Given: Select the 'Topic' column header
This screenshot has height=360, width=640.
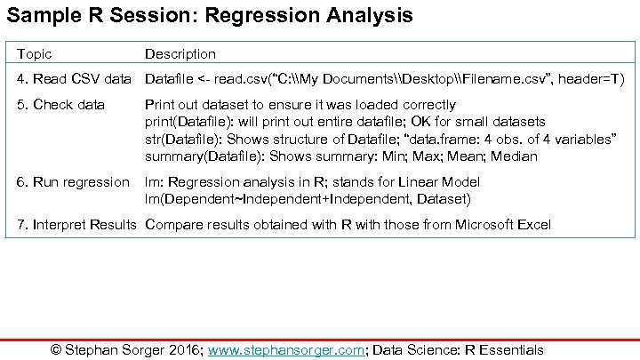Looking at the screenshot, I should click(35, 54).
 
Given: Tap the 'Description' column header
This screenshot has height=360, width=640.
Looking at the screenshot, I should click(180, 54).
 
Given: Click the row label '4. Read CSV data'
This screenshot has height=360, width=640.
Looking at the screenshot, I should click(75, 80).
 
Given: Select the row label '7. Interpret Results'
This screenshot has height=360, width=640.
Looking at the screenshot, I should click(77, 224).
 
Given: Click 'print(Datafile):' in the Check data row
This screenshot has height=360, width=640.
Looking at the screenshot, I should click(188, 122).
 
